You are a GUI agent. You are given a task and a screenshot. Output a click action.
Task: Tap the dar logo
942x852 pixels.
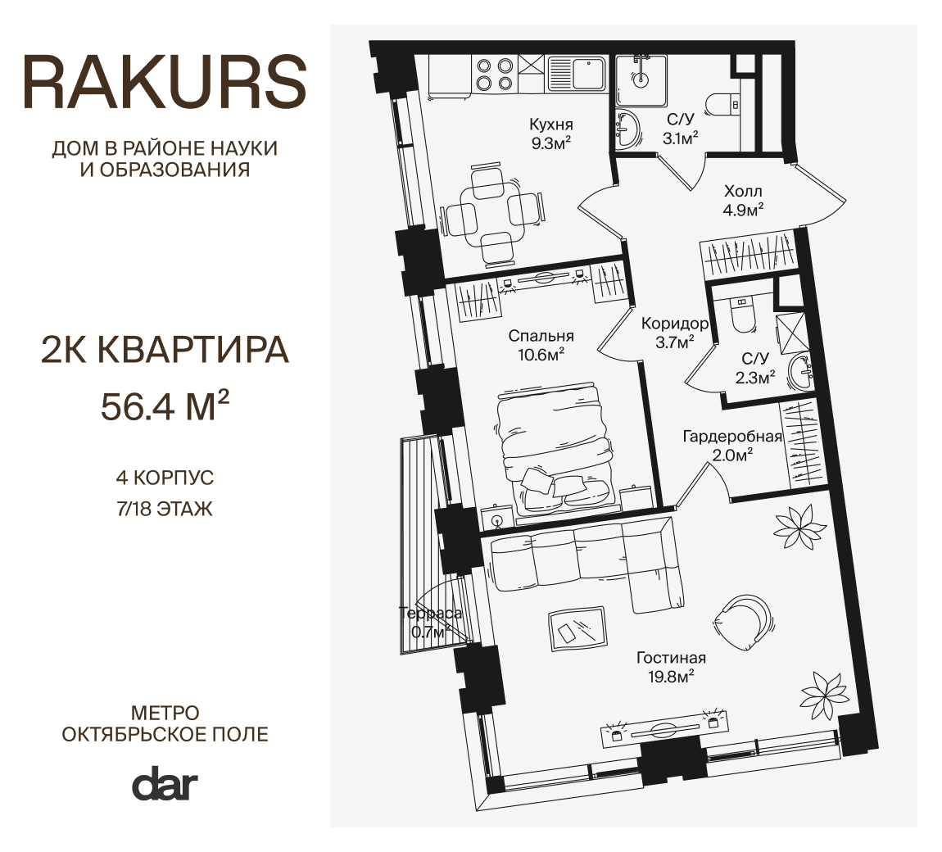coord(165,783)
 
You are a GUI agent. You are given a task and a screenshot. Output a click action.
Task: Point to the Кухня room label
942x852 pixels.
coord(551,125)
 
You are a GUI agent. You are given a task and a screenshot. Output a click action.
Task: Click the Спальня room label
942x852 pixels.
coord(541,335)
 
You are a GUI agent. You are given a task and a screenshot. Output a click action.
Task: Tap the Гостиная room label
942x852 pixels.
coord(671,657)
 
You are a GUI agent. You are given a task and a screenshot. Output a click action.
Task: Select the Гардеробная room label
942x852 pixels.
coord(732,436)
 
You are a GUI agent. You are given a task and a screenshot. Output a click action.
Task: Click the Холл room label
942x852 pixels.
coord(743,191)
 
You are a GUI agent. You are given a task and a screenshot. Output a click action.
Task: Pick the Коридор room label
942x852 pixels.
coord(675,324)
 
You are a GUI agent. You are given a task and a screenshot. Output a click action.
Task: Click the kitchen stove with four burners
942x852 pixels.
coord(494,74)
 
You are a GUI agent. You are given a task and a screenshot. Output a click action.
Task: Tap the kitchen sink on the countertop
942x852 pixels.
coord(577,74)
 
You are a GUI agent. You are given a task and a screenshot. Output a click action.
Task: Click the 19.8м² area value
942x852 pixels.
coord(671,677)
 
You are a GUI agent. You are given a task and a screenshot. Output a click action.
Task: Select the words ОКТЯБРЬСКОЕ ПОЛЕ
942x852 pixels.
coord(165,734)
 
